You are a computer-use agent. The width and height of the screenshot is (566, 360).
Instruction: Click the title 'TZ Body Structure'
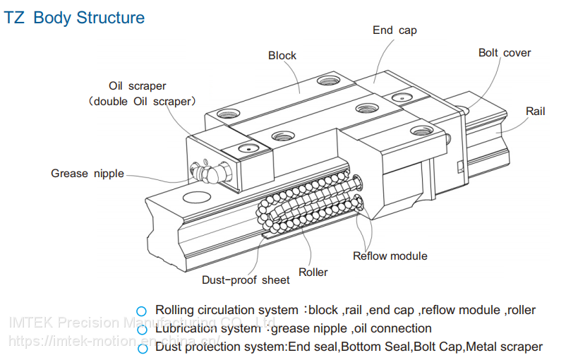(x=75, y=18)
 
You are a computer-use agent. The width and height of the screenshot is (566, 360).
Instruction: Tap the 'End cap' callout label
(x=395, y=30)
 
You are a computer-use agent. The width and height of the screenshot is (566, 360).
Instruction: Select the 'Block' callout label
(x=282, y=56)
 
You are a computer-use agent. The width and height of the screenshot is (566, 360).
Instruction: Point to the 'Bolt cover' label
(x=504, y=53)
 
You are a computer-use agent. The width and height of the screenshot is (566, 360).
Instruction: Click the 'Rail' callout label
(x=536, y=112)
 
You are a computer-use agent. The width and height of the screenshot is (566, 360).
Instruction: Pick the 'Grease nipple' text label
(x=88, y=174)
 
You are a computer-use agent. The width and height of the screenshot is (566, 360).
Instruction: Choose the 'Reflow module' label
(x=390, y=256)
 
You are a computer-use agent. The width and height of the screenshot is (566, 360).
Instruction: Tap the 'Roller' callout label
(x=313, y=272)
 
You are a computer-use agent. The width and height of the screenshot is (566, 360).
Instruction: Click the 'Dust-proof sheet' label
(x=246, y=280)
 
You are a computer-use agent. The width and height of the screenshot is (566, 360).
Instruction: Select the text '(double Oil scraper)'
(x=141, y=102)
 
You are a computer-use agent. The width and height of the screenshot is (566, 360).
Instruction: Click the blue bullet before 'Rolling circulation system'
(x=142, y=311)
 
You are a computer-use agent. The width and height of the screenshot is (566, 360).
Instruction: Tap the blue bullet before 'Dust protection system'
(x=142, y=347)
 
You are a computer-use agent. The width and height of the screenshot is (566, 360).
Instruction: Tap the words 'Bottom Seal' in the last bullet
(x=389, y=347)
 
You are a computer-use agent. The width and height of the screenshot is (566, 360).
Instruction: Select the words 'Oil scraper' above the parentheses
(x=137, y=86)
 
